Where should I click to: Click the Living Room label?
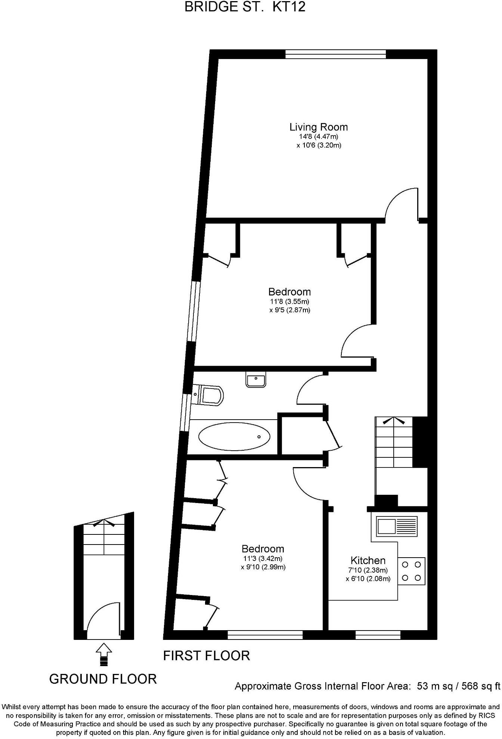pos(318,127)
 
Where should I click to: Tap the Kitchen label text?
pos(368,560)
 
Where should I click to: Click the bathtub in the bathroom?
pos(234,436)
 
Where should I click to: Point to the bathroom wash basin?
pos(256,379)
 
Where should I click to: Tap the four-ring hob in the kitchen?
pos(412,571)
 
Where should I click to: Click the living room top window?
pos(335,55)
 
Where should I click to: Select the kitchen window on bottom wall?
pos(378,635)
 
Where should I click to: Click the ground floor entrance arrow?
pos(103,653)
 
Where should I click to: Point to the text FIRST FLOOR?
pos(206,656)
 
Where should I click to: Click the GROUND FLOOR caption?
pos(103,679)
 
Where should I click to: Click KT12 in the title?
pos(289,7)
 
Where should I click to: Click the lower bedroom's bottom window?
pos(265,635)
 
